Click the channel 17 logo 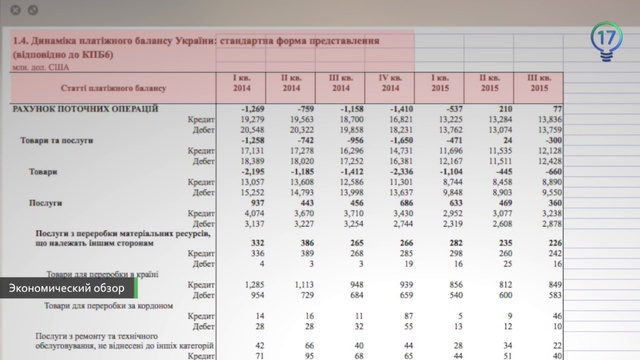coord(606,41)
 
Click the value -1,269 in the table coord(251,108)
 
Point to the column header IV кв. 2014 coord(390,84)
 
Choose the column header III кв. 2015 coord(539,84)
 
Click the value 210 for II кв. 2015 coord(505,108)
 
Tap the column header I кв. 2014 coord(241,84)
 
